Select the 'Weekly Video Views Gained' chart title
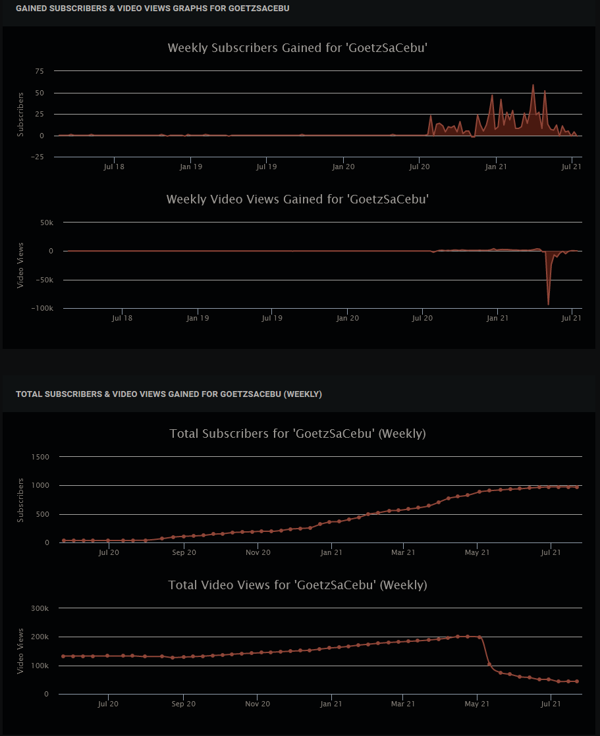(x=298, y=199)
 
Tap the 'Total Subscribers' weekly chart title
(x=298, y=434)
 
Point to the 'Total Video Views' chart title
(x=298, y=585)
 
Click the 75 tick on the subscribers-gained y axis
(x=39, y=71)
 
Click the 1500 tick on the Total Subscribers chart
(x=40, y=457)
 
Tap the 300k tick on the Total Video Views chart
(x=40, y=609)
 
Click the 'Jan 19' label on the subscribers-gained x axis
(x=190, y=167)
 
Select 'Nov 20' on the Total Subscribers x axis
(x=258, y=553)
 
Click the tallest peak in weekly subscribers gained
(x=533, y=85)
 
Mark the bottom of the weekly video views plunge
(x=548, y=304)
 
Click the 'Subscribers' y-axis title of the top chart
(x=20, y=114)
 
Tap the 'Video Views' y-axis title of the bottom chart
(x=20, y=651)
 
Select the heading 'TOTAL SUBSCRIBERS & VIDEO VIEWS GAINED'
(x=169, y=394)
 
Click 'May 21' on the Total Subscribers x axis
(x=477, y=553)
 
